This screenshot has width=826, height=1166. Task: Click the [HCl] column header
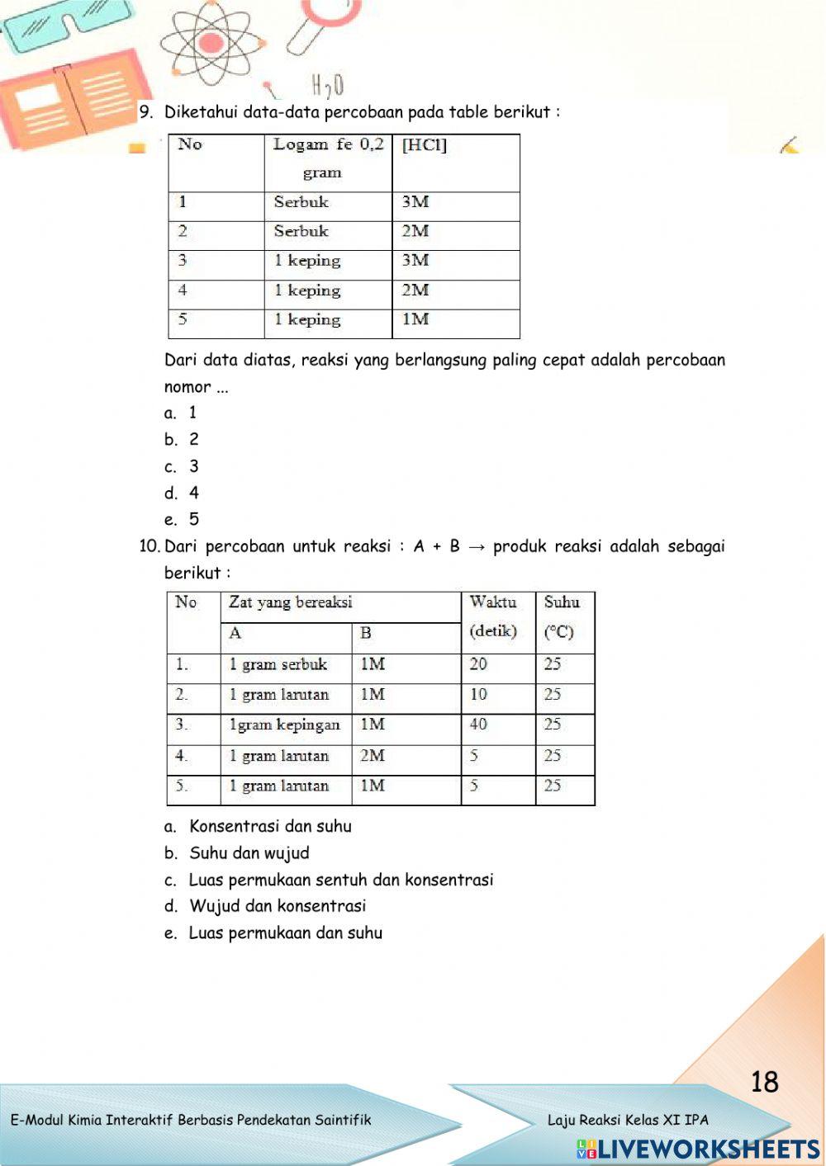[x=425, y=145]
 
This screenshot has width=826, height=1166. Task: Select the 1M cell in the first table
[x=415, y=319]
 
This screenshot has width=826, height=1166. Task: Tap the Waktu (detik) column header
[x=493, y=617]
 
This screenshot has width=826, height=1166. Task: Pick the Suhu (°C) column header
[x=561, y=617]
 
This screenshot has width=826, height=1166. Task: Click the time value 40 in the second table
[x=478, y=725]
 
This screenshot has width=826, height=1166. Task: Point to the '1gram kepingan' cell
[x=284, y=725]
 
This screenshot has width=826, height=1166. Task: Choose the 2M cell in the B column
[x=373, y=755]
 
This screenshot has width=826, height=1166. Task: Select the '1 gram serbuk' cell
[x=278, y=664]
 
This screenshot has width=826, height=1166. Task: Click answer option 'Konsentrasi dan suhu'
[x=270, y=826]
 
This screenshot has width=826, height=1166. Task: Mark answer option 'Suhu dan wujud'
[x=249, y=853]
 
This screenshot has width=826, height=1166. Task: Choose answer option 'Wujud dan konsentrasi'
[x=278, y=906]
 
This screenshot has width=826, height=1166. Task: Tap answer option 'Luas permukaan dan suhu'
[x=286, y=933]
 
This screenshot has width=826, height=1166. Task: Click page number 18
[x=765, y=1082]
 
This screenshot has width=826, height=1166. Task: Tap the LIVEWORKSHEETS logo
[x=698, y=1149]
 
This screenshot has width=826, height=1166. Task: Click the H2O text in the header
[x=328, y=85]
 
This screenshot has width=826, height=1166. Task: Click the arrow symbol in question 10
[x=476, y=546]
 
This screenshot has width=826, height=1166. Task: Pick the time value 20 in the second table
[x=478, y=664]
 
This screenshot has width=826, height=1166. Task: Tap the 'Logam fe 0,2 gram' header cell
[x=328, y=158]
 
